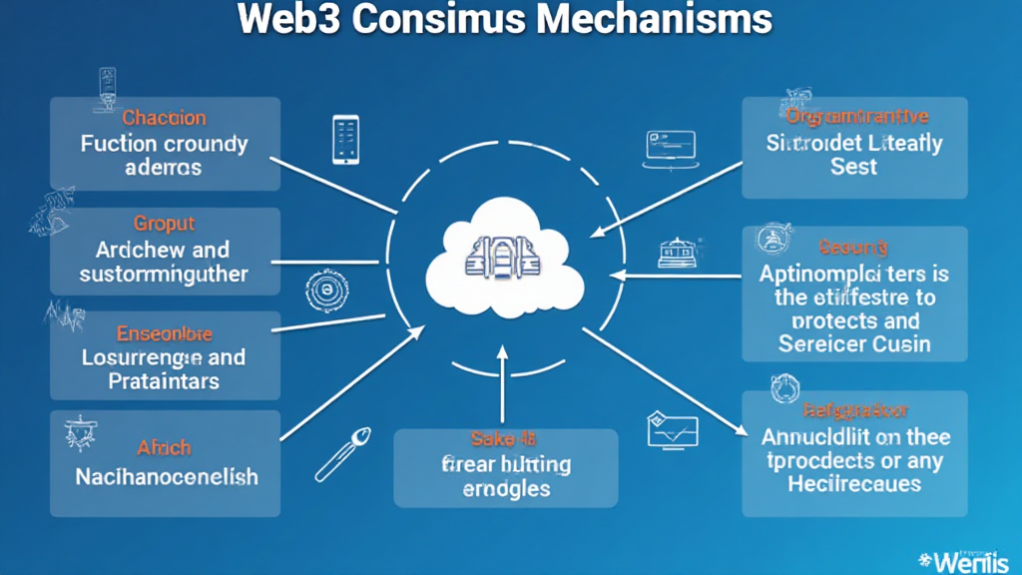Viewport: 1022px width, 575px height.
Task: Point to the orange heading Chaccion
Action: pos(165,118)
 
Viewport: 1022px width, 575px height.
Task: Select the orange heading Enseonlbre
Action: pos(165,332)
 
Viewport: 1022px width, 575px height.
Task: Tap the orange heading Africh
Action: pos(165,448)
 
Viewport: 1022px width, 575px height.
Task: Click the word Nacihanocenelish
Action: pos(167,476)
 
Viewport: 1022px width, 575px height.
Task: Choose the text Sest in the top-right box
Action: pos(853,168)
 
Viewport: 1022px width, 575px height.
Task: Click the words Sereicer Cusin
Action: pos(853,344)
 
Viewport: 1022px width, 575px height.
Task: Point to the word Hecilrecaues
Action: pos(855,484)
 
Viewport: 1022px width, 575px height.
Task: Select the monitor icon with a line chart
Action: pos(670,428)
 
